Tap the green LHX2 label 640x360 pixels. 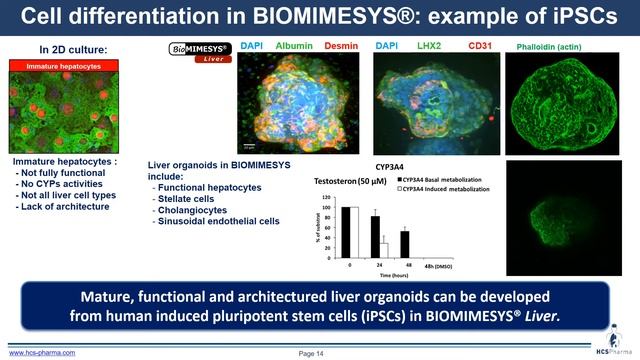click(428, 46)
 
